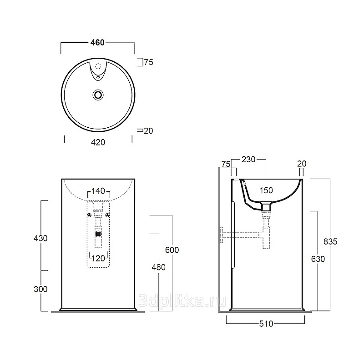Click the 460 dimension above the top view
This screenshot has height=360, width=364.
pyautogui.click(x=97, y=43)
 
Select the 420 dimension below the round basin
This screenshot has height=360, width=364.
pyautogui.click(x=98, y=142)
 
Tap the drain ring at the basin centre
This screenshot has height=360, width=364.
pyautogui.click(x=98, y=95)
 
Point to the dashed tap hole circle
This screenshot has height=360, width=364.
pyautogui.click(x=98, y=66)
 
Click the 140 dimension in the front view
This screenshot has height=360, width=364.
pyautogui.click(x=98, y=191)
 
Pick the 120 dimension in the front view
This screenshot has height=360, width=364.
pyautogui.click(x=98, y=258)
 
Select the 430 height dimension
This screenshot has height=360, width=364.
pyautogui.click(x=40, y=238)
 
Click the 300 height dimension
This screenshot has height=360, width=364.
pyautogui.click(x=40, y=289)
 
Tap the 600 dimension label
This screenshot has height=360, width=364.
pyautogui.click(x=172, y=250)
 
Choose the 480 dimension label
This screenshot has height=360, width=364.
pyautogui.click(x=158, y=267)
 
